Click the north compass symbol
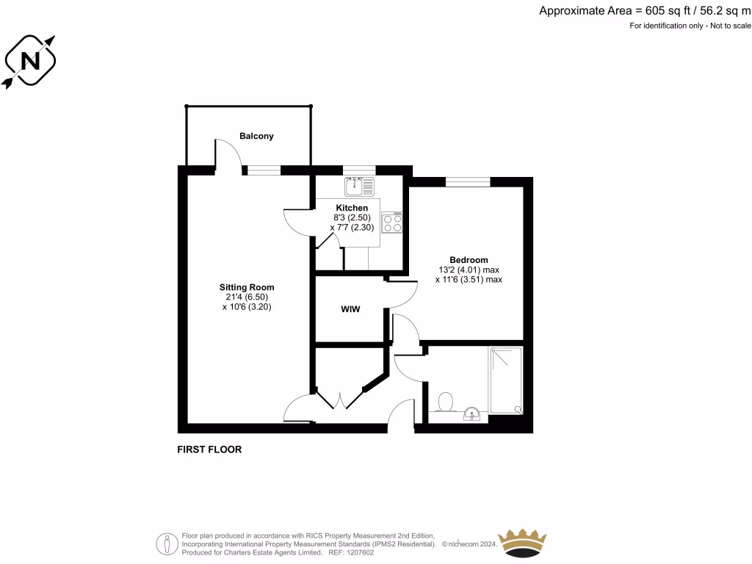pos(30,61)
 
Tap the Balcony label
pos(256,136)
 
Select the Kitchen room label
pos(352,209)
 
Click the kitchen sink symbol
pos(358,187)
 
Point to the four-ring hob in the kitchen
pos(392,223)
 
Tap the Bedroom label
pos(469,260)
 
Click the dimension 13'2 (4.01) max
pos(469,270)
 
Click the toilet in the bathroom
pos(444,402)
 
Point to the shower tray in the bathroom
pos(506,380)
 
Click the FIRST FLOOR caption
pos(209,449)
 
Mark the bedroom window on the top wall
pos(468,181)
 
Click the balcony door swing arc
pos(229,153)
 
